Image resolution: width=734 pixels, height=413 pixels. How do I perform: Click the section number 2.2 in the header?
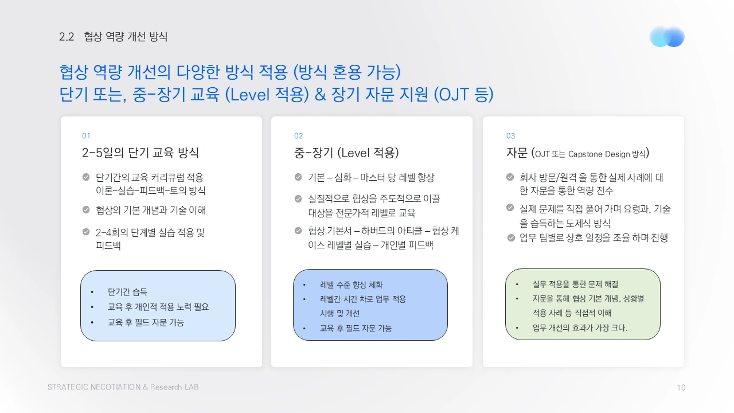67,37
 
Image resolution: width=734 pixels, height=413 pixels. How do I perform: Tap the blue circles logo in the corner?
667,37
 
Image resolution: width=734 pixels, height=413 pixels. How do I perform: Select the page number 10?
681,388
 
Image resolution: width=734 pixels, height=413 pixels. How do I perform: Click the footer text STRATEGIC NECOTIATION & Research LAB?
123,387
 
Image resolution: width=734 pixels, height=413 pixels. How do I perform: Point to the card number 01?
86,136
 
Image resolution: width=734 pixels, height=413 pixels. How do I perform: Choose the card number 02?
298,136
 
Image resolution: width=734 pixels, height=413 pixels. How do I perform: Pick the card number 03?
510,136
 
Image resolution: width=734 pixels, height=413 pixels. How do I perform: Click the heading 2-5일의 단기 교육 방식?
140,153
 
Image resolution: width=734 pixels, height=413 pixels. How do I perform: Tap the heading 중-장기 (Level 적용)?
346,153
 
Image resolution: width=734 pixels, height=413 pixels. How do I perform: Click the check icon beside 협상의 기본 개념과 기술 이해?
86,210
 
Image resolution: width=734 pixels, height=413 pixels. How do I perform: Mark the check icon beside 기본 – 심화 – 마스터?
298,177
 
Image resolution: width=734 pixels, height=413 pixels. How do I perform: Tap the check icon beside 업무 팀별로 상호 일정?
511,237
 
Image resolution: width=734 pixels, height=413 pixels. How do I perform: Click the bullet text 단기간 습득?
127,291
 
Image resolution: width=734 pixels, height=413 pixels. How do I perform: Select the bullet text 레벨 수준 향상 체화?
351,285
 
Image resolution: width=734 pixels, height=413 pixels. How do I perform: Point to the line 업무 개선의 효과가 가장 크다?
580,328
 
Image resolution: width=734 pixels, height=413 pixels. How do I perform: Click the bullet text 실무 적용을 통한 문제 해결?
575,284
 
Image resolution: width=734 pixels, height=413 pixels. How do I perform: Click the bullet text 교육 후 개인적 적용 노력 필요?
158,307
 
